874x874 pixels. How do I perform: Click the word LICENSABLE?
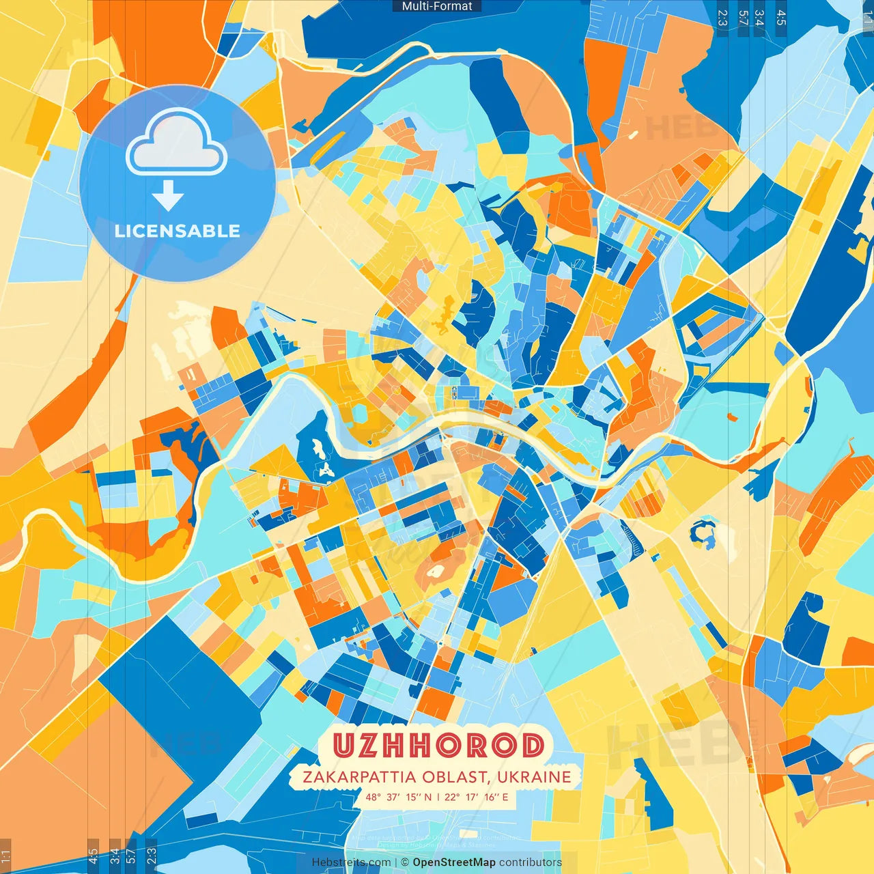click(x=177, y=231)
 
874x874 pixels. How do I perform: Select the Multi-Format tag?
click(x=437, y=6)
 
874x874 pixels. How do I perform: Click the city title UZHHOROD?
click(x=438, y=746)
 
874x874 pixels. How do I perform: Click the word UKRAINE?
click(x=534, y=777)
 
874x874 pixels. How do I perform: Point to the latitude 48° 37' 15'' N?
click(x=398, y=797)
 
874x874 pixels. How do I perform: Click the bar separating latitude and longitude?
click(x=438, y=797)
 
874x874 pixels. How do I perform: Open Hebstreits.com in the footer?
click(x=351, y=862)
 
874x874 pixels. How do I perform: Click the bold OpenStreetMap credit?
click(x=453, y=862)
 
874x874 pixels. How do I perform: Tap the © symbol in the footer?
click(x=405, y=862)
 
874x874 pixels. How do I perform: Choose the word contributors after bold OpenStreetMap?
click(x=531, y=862)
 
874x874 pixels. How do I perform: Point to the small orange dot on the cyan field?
click(x=733, y=416)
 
